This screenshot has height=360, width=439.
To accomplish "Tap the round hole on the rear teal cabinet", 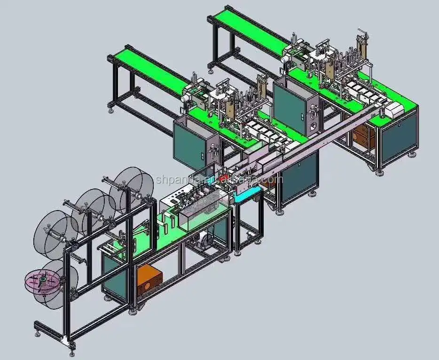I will pos(311,126).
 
